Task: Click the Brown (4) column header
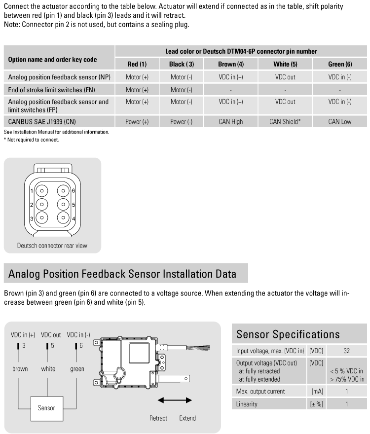(x=230, y=64)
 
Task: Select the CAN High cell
(x=230, y=121)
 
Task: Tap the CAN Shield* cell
(x=285, y=121)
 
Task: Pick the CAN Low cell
(x=340, y=121)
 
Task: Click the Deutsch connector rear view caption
(x=52, y=246)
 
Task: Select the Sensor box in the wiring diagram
(x=46, y=408)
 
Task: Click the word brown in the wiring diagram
(x=20, y=369)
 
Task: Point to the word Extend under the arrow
(x=187, y=418)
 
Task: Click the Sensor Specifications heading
(x=288, y=334)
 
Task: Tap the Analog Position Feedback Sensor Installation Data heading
(x=122, y=273)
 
